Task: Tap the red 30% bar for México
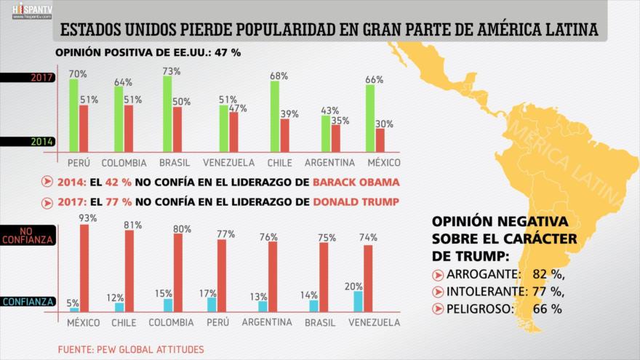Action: tap(380, 139)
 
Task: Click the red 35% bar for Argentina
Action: tap(335, 137)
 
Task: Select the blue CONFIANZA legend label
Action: tap(25, 302)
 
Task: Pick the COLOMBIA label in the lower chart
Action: tap(171, 322)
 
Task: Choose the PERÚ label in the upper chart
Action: tap(79, 162)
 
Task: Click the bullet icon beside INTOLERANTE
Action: tap(438, 292)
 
